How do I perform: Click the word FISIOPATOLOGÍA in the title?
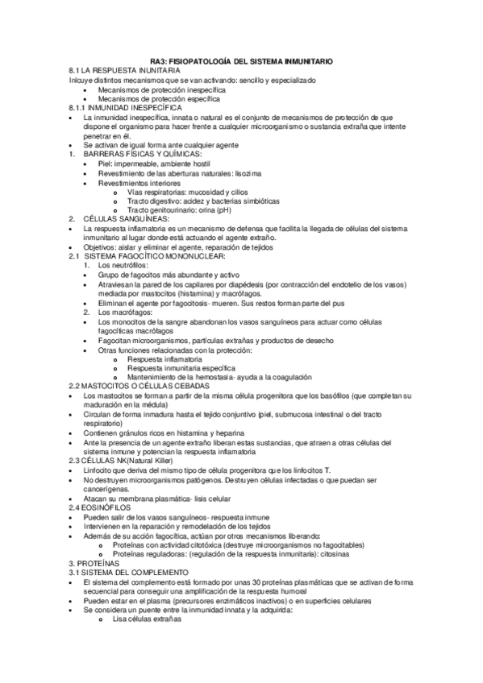click(x=217, y=62)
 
